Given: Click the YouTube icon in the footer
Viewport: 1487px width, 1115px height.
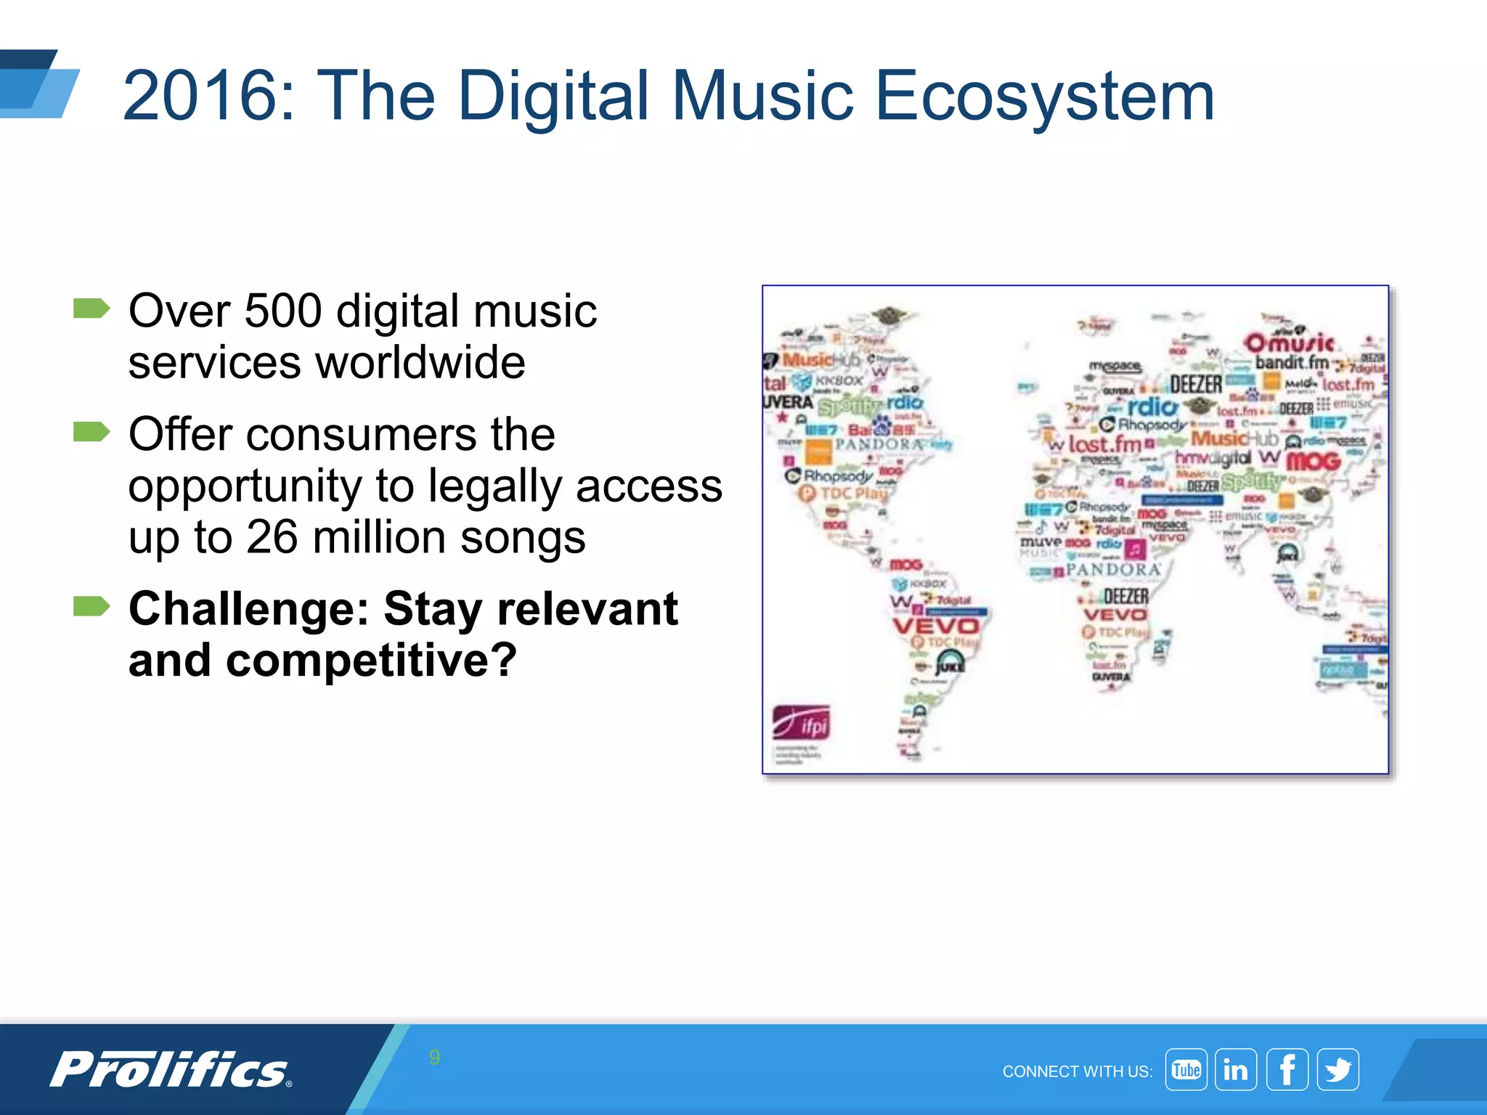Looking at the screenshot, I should (x=1186, y=1069).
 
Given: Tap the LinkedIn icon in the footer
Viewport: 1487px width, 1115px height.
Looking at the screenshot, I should (x=1236, y=1069).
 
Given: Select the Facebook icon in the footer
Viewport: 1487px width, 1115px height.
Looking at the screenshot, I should (x=1287, y=1069).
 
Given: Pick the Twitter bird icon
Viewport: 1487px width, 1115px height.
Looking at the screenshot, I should (x=1337, y=1069).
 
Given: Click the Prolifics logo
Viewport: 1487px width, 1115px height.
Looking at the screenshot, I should (x=171, y=1069).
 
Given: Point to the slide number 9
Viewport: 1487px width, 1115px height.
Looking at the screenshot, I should (x=434, y=1057).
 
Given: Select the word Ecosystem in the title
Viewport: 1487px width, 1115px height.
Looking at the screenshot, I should (x=1045, y=96).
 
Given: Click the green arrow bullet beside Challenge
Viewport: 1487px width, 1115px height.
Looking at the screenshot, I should (x=91, y=605).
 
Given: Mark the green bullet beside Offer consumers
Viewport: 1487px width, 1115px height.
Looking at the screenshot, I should (x=91, y=432).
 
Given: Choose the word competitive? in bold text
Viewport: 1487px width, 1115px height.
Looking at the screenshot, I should (x=371, y=660).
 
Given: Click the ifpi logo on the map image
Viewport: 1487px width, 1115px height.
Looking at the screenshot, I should (x=801, y=724).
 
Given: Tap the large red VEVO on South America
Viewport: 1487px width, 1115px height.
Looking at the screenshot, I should (x=936, y=626).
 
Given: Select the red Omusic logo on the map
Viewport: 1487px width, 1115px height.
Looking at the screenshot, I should (x=1290, y=342).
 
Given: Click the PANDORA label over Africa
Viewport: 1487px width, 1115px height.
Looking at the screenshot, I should (x=1114, y=570).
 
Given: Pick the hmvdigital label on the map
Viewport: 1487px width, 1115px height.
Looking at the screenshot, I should (x=1213, y=458).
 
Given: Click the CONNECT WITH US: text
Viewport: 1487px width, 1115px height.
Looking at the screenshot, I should (x=1077, y=1071).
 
